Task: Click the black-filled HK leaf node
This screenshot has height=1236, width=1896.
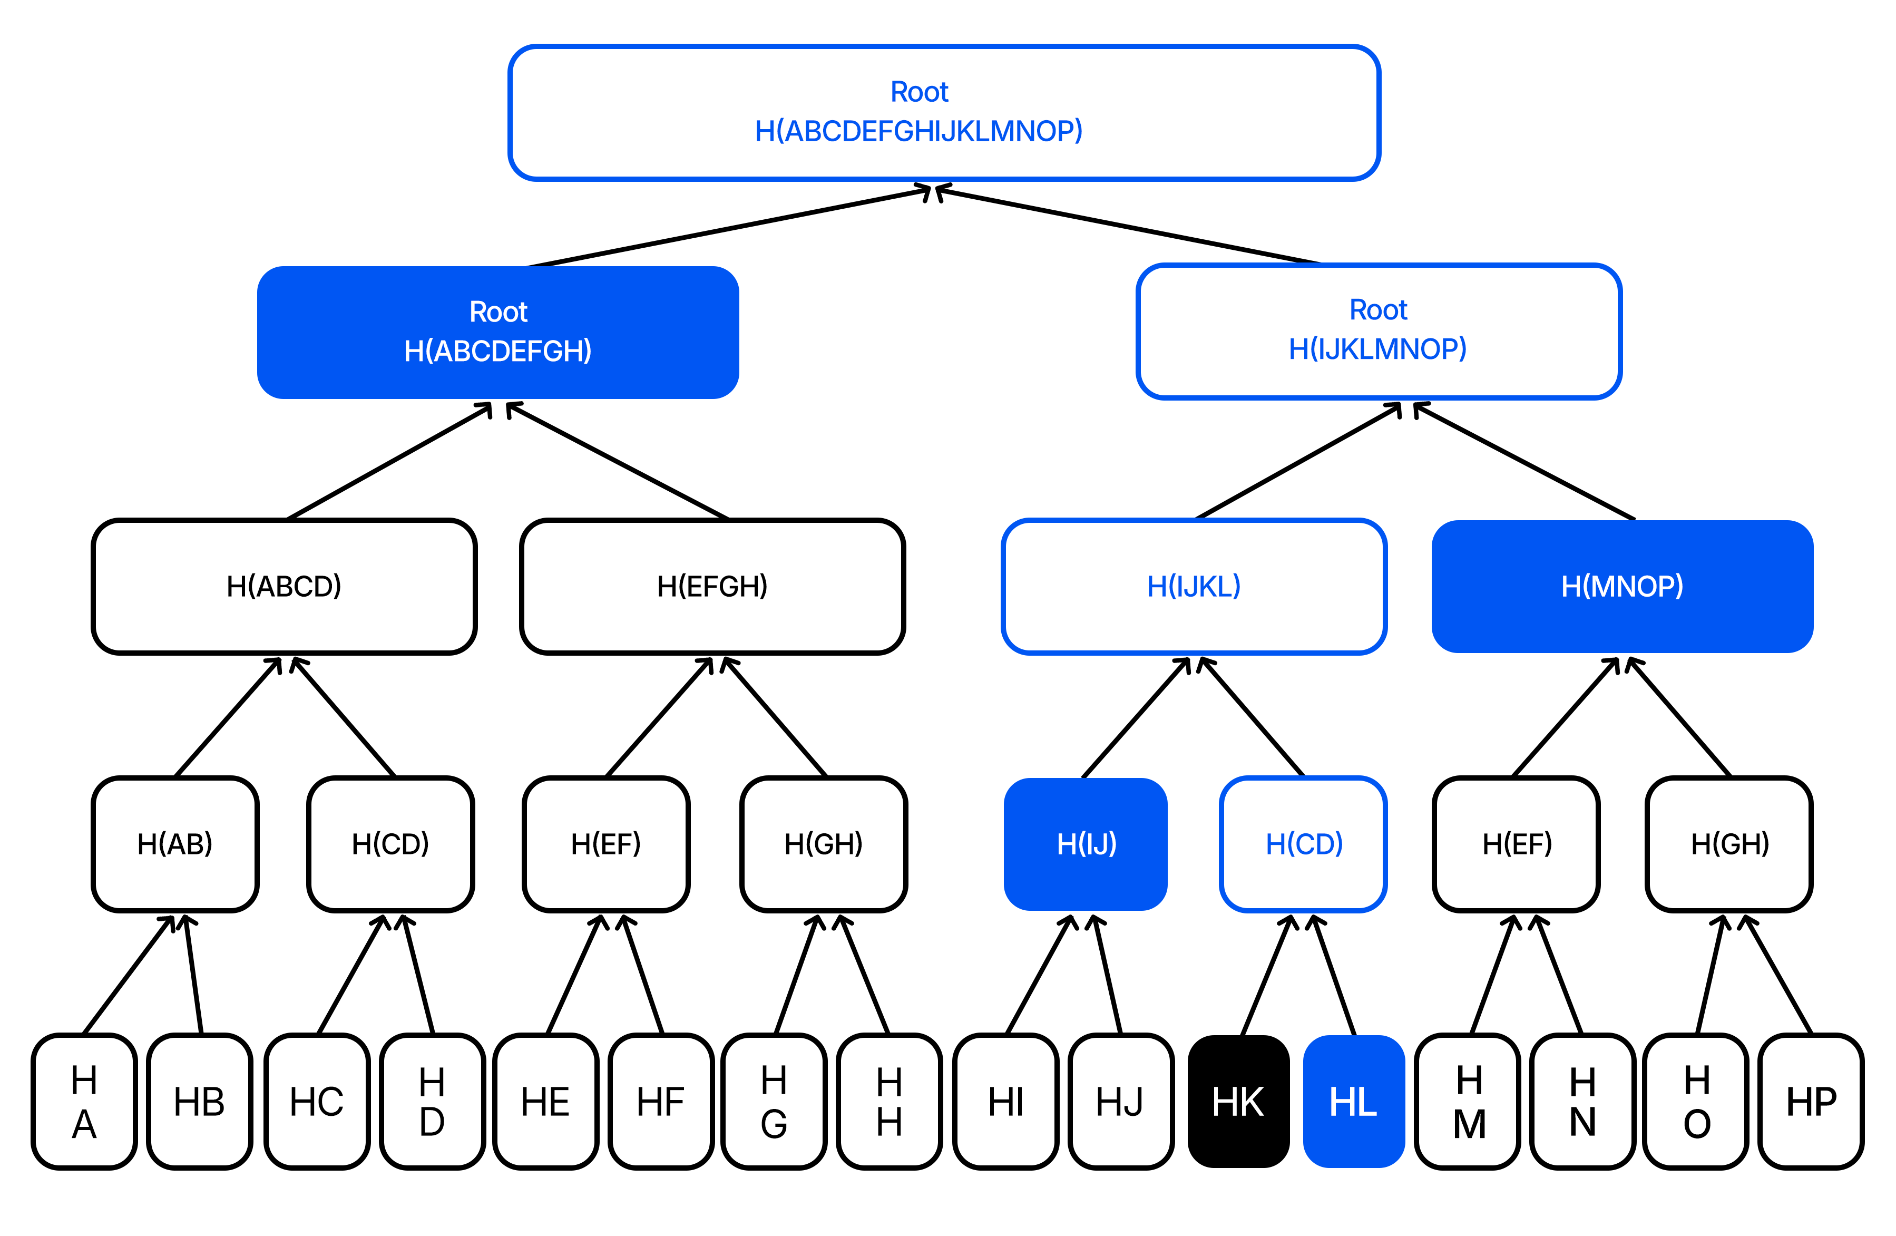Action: tap(1238, 1101)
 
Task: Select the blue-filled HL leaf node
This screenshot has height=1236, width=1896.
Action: tap(1353, 1101)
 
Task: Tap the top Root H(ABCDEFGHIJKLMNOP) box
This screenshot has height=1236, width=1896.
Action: tap(943, 112)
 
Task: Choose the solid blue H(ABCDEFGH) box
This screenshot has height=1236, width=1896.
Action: tap(498, 332)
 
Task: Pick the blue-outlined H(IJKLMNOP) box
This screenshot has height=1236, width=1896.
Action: tap(1378, 330)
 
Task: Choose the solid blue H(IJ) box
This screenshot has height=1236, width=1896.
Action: tap(1086, 843)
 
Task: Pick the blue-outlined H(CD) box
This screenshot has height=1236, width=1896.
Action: tap(1303, 843)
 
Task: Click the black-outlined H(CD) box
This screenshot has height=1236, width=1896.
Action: tap(390, 843)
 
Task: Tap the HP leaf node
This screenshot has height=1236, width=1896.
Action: tap(1811, 1101)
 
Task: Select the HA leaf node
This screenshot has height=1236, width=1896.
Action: tap(84, 1101)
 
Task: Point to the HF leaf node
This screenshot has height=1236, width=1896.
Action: tap(660, 1101)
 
